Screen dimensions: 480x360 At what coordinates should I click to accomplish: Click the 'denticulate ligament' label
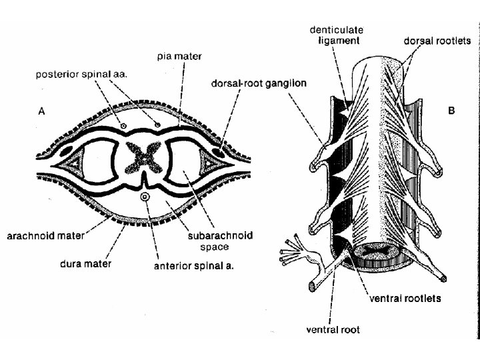336,35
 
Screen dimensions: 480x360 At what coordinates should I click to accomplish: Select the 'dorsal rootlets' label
437,41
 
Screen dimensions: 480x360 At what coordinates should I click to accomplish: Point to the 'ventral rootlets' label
405,299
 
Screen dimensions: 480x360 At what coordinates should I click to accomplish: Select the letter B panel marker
452,111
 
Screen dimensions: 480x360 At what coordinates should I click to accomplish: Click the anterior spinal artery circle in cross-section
145,197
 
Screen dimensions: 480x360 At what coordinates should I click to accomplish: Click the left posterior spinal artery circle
123,125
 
